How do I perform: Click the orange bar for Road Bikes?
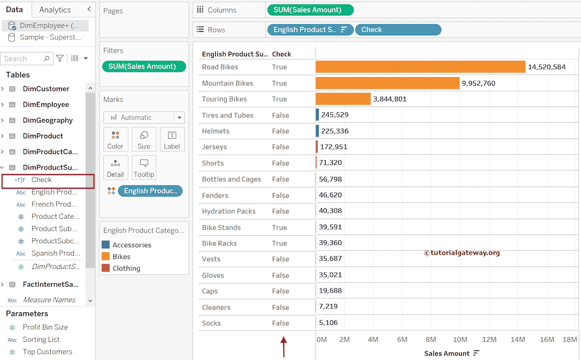tap(420, 67)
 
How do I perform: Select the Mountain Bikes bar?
tap(387, 83)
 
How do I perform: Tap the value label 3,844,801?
tap(389, 99)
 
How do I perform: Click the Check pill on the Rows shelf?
tap(398, 29)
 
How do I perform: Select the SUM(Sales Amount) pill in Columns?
tap(309, 10)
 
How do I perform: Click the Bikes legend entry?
tap(121, 257)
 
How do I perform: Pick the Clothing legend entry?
tap(126, 269)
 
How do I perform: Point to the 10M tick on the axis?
tap(460, 340)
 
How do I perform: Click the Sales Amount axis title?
tap(447, 353)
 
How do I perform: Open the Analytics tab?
tap(55, 10)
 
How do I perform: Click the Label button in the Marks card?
tap(172, 139)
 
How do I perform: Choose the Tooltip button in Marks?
tap(144, 168)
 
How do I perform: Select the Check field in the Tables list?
tap(41, 180)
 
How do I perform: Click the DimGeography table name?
tap(48, 120)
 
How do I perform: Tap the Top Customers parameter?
tap(48, 351)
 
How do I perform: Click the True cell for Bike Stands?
tap(279, 227)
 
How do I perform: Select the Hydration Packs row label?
tap(229, 211)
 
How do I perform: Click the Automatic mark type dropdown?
tap(144, 117)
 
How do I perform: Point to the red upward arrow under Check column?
tap(284, 346)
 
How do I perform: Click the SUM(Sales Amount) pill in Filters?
tap(144, 66)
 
